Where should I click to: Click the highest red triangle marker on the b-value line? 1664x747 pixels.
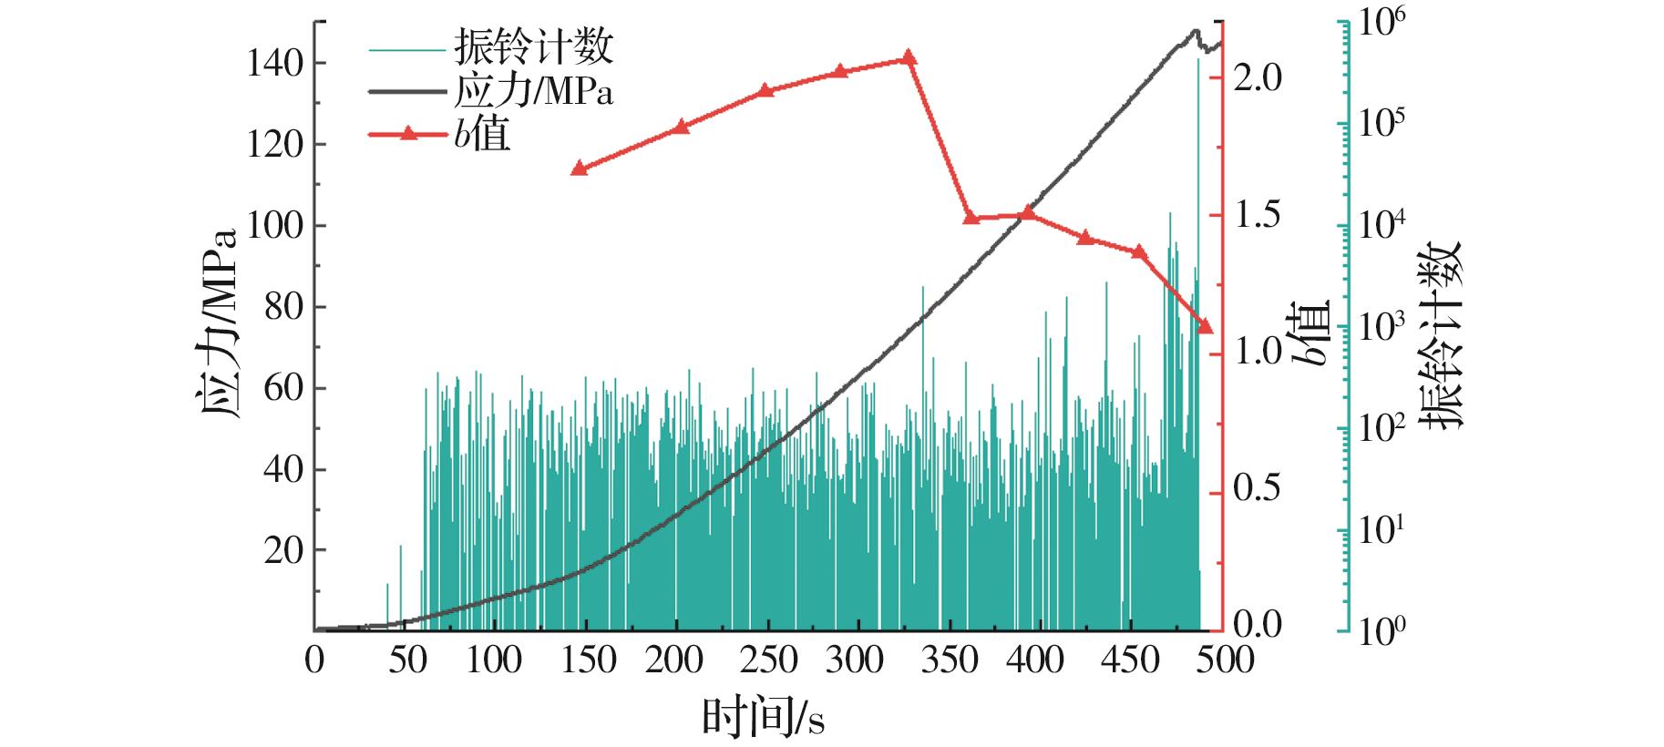point(908,57)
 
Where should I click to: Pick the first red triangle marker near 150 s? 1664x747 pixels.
point(578,169)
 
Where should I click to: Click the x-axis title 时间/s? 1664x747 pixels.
point(763,718)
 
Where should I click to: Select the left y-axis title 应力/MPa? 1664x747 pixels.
point(217,323)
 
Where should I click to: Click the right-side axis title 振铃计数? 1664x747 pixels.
point(1443,334)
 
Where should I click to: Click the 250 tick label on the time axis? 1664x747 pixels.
point(765,660)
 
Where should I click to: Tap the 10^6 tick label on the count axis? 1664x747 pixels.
point(1385,23)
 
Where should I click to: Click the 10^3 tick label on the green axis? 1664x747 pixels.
point(1385,326)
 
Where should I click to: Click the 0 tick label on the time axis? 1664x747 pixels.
point(314,660)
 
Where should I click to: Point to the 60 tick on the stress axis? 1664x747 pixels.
point(283,389)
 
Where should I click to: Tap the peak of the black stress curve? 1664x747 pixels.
point(1195,31)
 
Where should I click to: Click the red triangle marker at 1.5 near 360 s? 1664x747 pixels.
point(971,218)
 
